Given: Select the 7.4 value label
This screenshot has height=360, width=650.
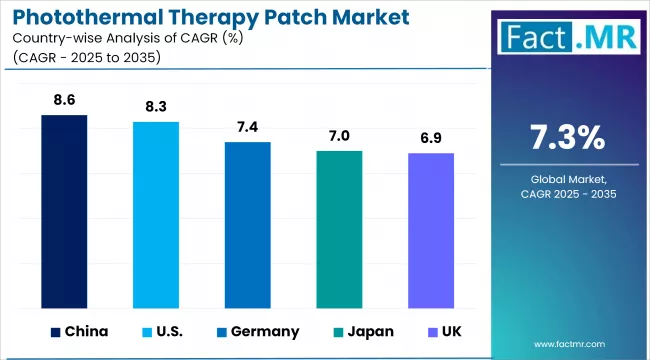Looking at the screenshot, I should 247,129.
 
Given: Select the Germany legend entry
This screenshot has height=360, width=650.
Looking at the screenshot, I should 255,331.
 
